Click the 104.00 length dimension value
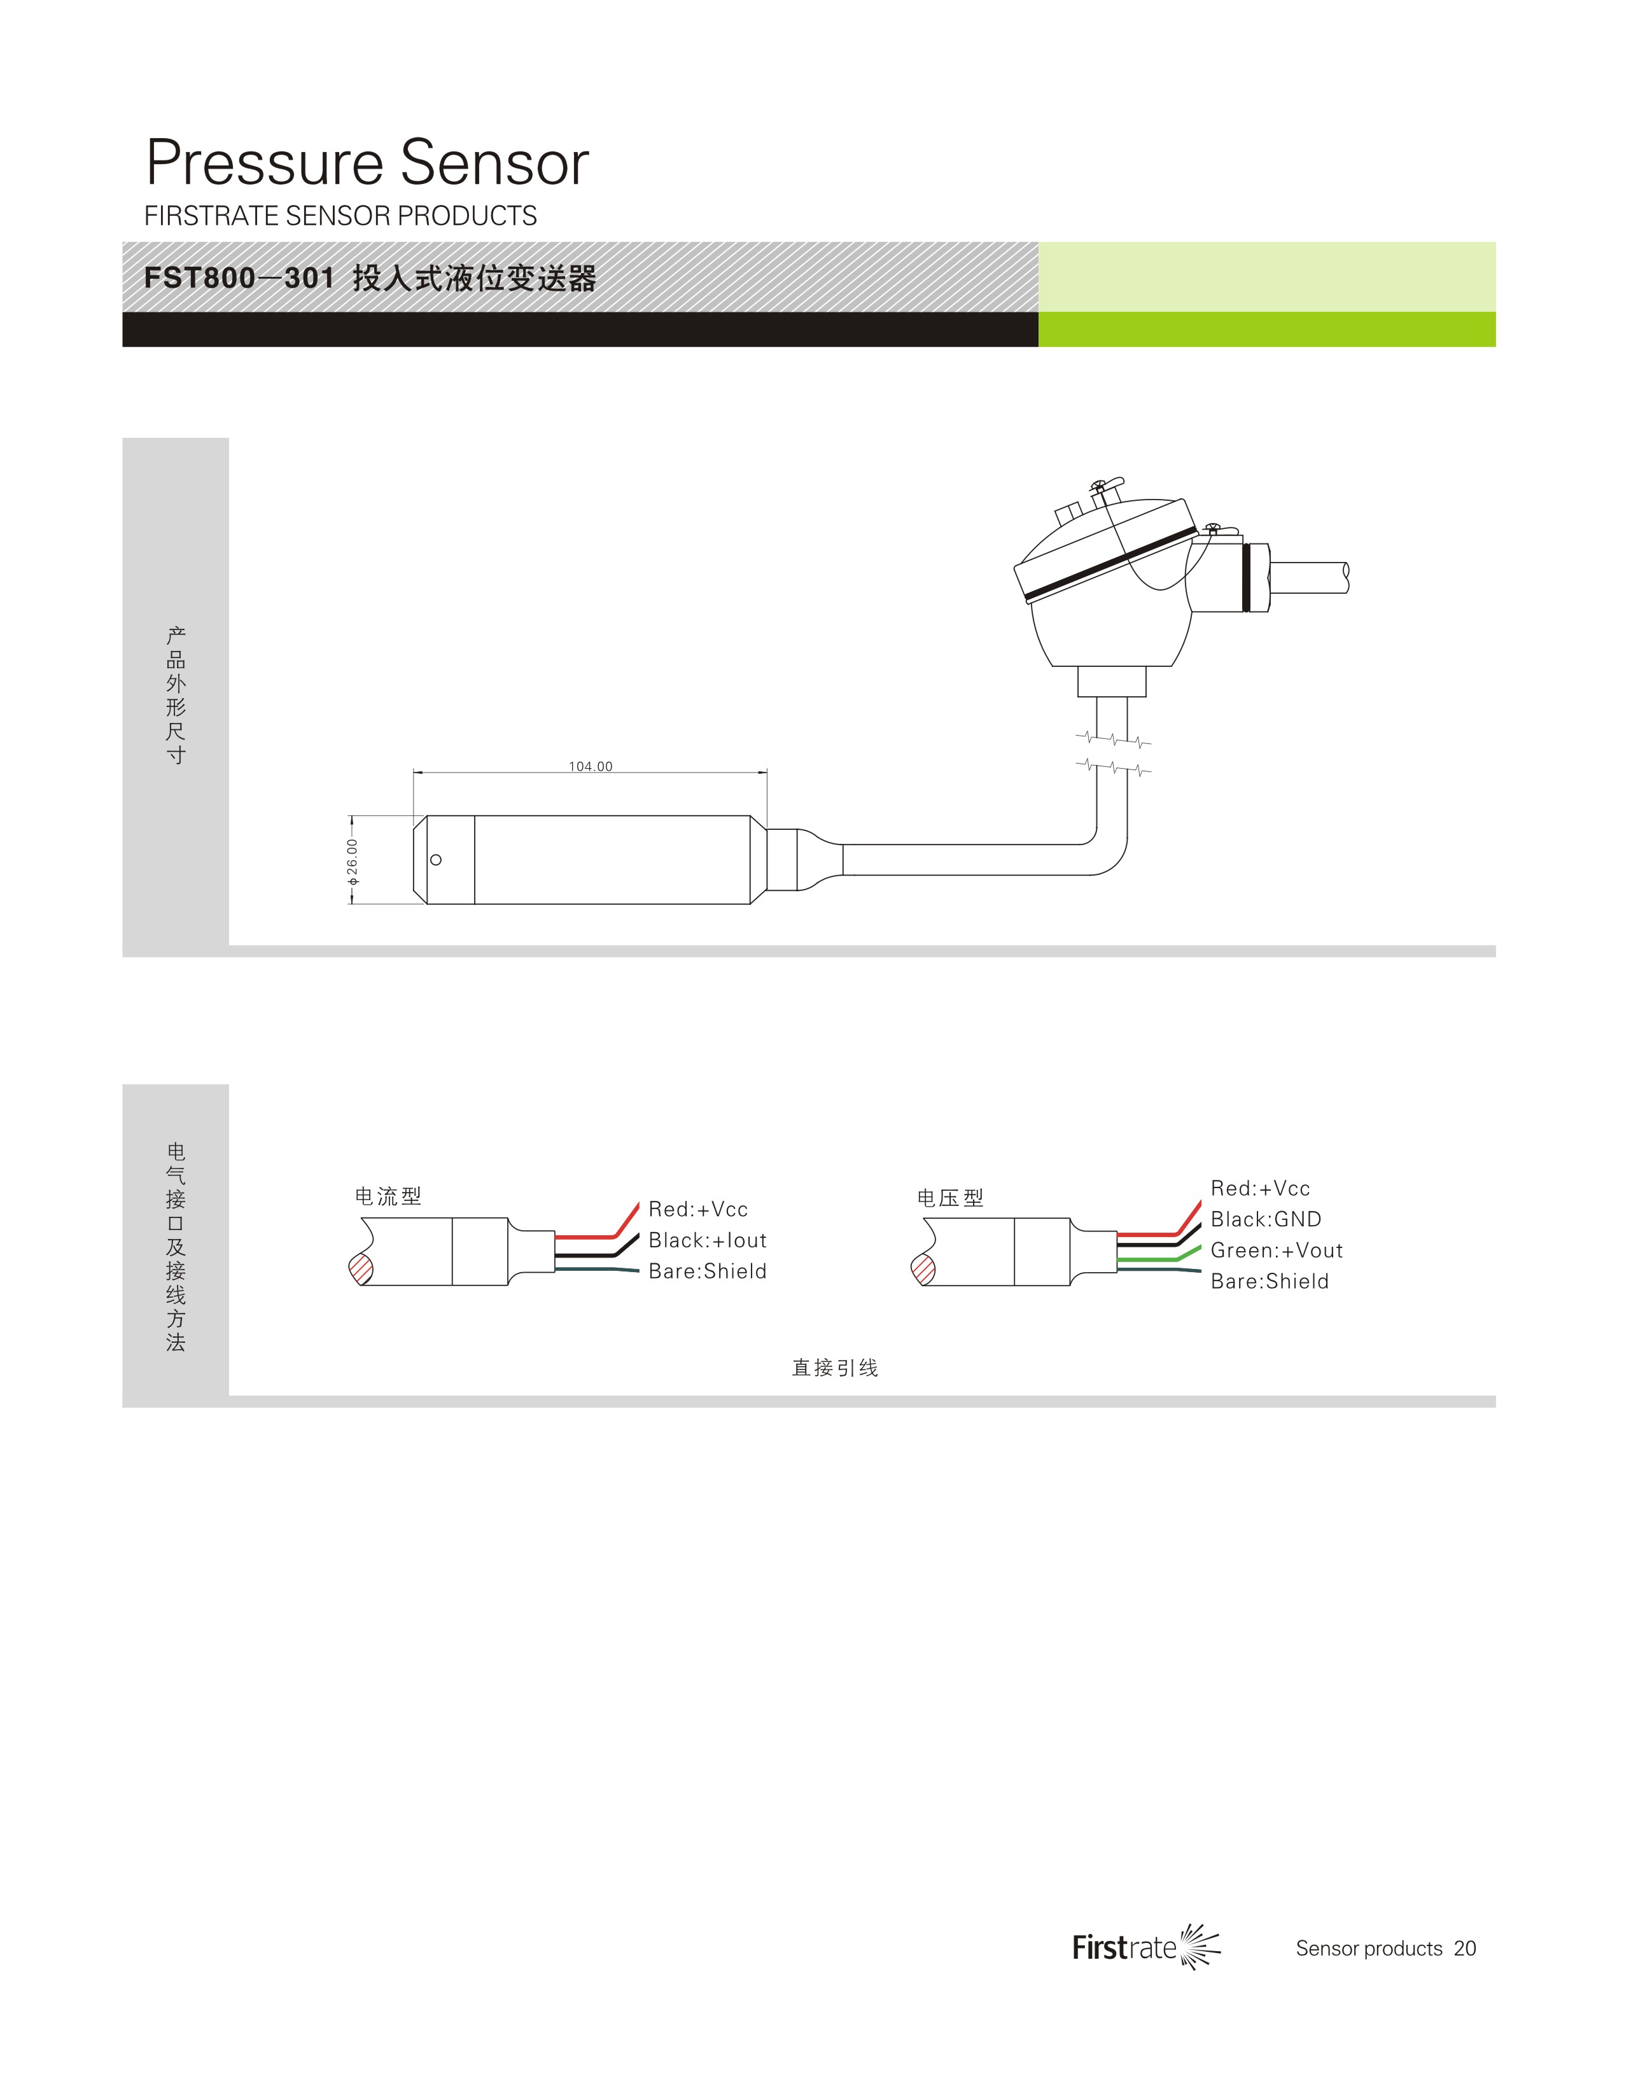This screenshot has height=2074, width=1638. pyautogui.click(x=590, y=766)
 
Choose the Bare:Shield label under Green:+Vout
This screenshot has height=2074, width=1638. pyautogui.click(x=1269, y=1281)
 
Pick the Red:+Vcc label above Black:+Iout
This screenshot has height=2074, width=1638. pyautogui.click(x=697, y=1209)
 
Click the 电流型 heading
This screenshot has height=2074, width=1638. pyautogui.click(x=388, y=1196)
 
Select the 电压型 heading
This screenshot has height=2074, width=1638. pyautogui.click(x=949, y=1198)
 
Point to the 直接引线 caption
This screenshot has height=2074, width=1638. pyautogui.click(x=834, y=1368)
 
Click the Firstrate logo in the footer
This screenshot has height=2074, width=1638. pyautogui.click(x=1146, y=1947)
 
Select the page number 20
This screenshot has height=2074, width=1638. pyautogui.click(x=1464, y=1949)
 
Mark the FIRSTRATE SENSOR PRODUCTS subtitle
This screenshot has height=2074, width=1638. pyautogui.click(x=340, y=216)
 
